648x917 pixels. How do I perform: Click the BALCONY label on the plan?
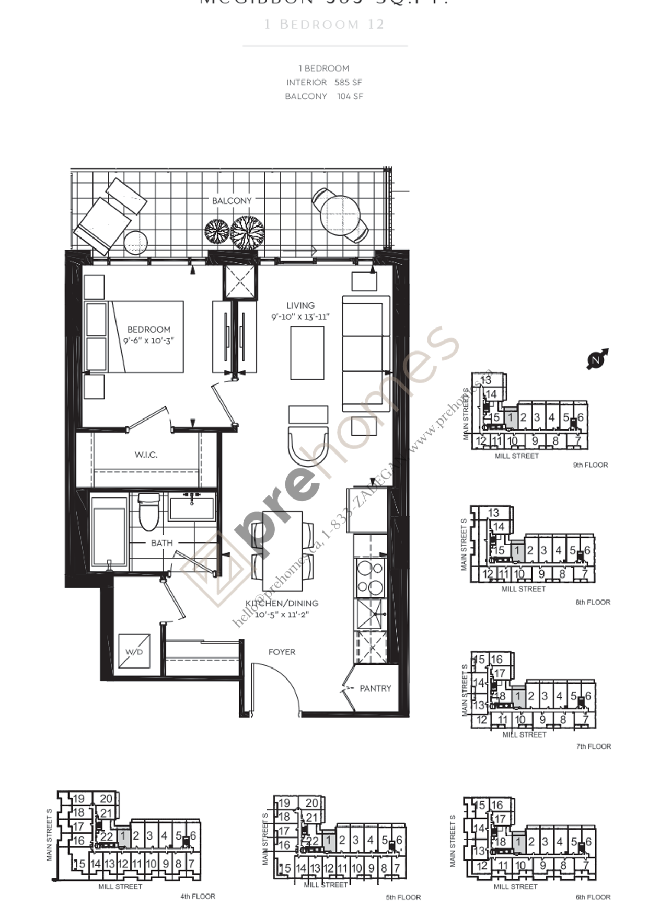click(x=232, y=201)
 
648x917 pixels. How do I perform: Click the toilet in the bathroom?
click(x=149, y=512)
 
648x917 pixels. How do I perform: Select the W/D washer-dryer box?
click(x=134, y=652)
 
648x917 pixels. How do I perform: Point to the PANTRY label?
click(x=375, y=688)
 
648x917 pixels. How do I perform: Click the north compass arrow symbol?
click(x=597, y=359)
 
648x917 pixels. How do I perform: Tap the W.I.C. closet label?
click(x=146, y=455)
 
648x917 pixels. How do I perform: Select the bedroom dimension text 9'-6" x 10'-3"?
click(x=148, y=341)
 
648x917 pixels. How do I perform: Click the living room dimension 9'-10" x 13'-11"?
click(x=300, y=317)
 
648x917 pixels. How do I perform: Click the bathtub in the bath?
click(x=109, y=531)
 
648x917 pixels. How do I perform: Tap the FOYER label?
click(x=282, y=652)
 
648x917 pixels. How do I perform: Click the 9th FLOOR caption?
click(x=590, y=465)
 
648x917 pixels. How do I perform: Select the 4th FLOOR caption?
click(x=198, y=896)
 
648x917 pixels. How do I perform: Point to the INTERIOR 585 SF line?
click(x=323, y=83)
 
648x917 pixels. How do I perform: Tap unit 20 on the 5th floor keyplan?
click(x=311, y=803)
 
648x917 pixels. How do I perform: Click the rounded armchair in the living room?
click(x=308, y=445)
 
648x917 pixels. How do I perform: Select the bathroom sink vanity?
click(x=192, y=507)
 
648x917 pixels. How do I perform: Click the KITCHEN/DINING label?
click(x=282, y=603)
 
